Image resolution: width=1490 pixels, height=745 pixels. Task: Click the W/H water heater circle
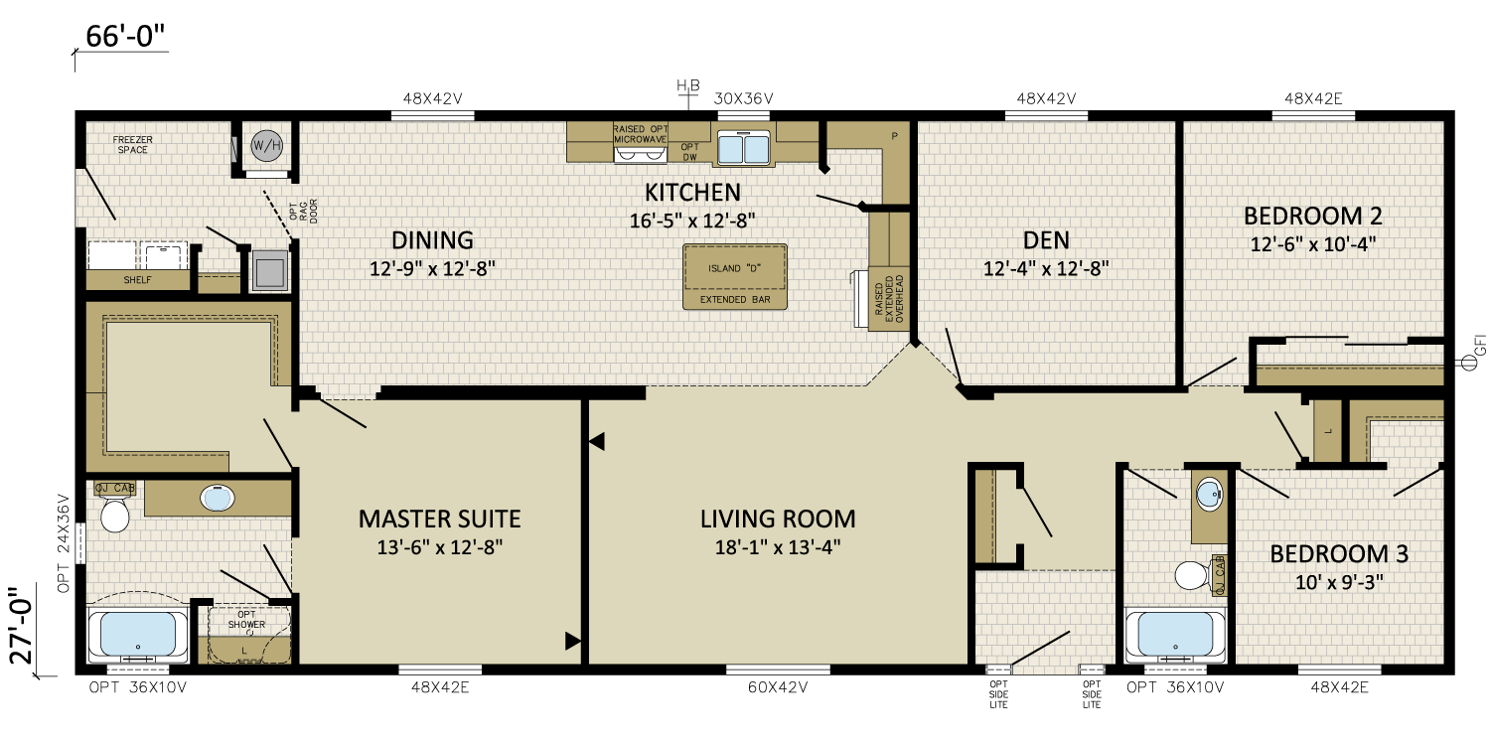click(267, 146)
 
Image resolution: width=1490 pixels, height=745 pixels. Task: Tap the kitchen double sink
click(744, 148)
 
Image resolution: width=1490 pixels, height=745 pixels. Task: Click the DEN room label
click(1046, 240)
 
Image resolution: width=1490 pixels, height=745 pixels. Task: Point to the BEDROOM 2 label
click(1313, 217)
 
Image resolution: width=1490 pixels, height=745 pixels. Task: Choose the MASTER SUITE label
click(440, 519)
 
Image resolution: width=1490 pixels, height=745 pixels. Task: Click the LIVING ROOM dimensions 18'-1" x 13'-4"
click(778, 547)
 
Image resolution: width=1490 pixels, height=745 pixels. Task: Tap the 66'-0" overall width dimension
click(125, 36)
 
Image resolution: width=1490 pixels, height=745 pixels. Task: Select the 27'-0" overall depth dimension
click(22, 625)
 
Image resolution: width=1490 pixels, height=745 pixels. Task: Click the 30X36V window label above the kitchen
click(744, 99)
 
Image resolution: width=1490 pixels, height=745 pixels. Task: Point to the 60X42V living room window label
click(778, 687)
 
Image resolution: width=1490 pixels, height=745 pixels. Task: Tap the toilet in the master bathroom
click(114, 515)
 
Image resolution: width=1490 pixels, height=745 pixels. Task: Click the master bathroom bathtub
click(138, 635)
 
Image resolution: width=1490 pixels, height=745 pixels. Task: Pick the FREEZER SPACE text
click(132, 144)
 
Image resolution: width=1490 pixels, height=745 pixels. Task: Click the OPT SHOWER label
click(246, 619)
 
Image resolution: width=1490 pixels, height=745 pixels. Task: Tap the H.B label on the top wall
click(687, 85)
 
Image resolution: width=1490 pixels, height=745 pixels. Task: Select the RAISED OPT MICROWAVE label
click(640, 134)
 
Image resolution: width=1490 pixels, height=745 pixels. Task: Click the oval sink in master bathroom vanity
click(217, 499)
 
